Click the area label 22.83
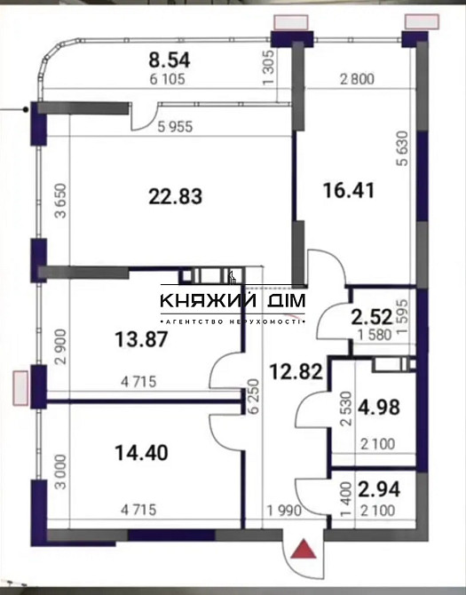(175, 196)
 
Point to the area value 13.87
(140, 338)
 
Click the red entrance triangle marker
(304, 551)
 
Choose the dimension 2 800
(357, 79)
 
